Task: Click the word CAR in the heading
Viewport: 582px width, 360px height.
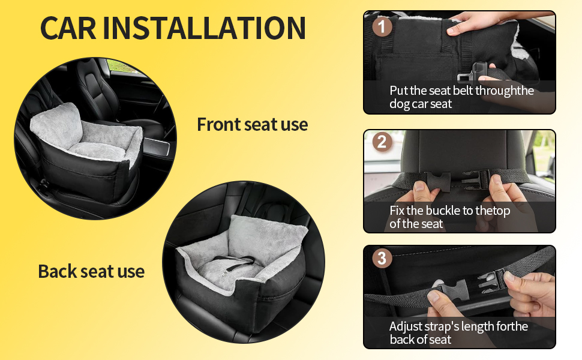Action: pyautogui.click(x=68, y=28)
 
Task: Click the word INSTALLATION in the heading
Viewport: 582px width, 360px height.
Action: pyautogui.click(x=204, y=28)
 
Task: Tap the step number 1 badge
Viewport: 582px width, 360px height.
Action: pyautogui.click(x=382, y=26)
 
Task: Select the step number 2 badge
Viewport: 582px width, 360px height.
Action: pyautogui.click(x=382, y=142)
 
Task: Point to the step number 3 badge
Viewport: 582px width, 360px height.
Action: pyautogui.click(x=382, y=258)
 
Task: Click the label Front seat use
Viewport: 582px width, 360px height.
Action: pyautogui.click(x=253, y=124)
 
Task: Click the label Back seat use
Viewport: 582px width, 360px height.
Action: pyautogui.click(x=91, y=271)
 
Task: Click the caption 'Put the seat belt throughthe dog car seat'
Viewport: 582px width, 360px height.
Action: pyautogui.click(x=461, y=97)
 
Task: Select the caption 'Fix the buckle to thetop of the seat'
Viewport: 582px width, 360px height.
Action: pyautogui.click(x=449, y=217)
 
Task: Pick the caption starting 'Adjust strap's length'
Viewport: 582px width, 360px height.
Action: pyautogui.click(x=458, y=333)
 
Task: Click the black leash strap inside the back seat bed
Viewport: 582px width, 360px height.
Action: pyautogui.click(x=235, y=262)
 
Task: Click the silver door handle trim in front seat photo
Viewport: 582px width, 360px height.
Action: pyautogui.click(x=157, y=146)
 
